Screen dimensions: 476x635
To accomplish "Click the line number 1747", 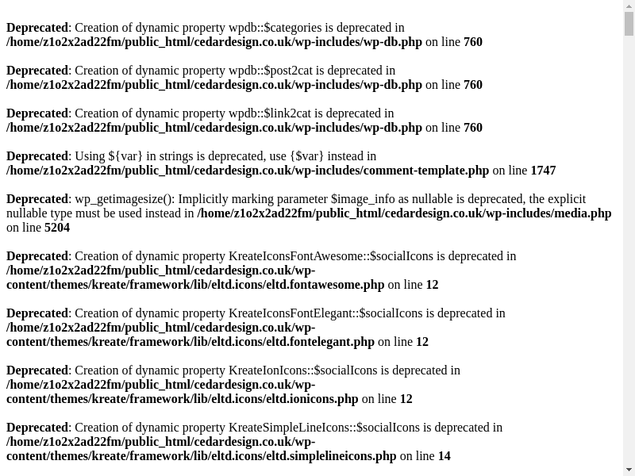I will click(543, 171).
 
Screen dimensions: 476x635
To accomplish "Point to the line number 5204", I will click(57, 228).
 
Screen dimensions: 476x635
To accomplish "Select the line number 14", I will click(444, 456).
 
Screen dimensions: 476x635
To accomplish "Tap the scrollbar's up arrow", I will click(629, 6).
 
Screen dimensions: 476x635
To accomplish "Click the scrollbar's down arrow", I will click(629, 470).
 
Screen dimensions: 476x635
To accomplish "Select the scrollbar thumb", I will click(629, 25).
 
